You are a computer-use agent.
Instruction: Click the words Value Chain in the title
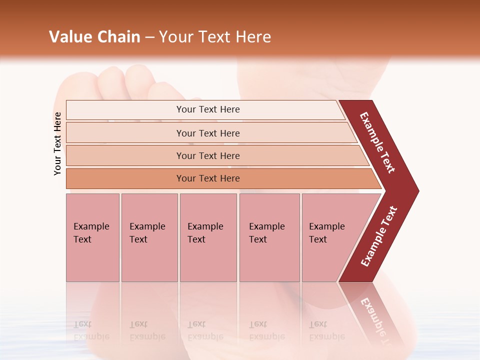tap(94, 37)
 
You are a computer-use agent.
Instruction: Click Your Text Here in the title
tap(215, 37)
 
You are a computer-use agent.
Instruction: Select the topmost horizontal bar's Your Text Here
tap(208, 109)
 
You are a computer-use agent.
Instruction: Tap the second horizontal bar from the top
tap(208, 133)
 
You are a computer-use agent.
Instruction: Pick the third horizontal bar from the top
tap(208, 155)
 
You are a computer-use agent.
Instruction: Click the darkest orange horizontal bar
tap(208, 178)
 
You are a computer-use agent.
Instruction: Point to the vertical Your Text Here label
tap(57, 143)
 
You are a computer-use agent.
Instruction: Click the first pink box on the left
tap(92, 237)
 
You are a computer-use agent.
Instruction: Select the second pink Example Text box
tap(149, 237)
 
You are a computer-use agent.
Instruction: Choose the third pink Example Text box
tap(208, 237)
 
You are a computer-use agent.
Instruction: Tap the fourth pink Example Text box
tap(269, 237)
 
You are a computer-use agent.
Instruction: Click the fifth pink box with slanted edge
tap(330, 237)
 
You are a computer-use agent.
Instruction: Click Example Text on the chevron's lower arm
tap(379, 236)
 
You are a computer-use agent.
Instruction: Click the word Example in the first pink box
tap(91, 226)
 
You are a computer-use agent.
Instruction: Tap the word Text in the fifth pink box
tap(318, 239)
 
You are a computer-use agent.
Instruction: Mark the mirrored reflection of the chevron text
tap(377, 320)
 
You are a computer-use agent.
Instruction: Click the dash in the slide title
tap(149, 37)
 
